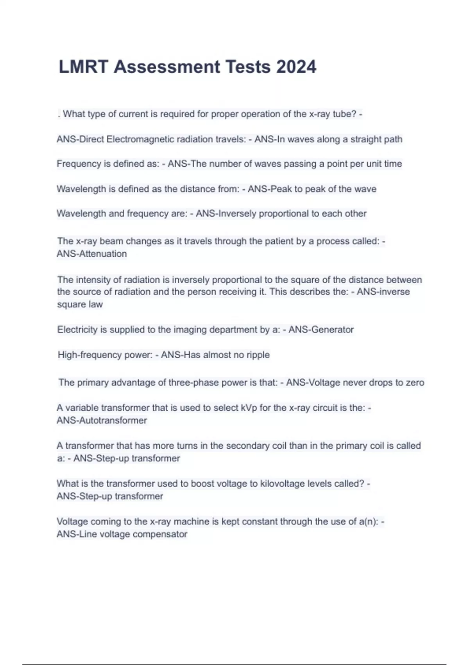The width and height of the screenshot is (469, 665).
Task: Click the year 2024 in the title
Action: coord(296,67)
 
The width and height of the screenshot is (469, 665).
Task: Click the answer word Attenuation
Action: coord(103,254)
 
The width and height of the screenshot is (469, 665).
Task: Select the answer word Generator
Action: coord(333,330)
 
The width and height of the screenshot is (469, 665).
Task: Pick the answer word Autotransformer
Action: coord(113,421)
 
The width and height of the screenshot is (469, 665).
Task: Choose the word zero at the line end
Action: coord(415,383)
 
